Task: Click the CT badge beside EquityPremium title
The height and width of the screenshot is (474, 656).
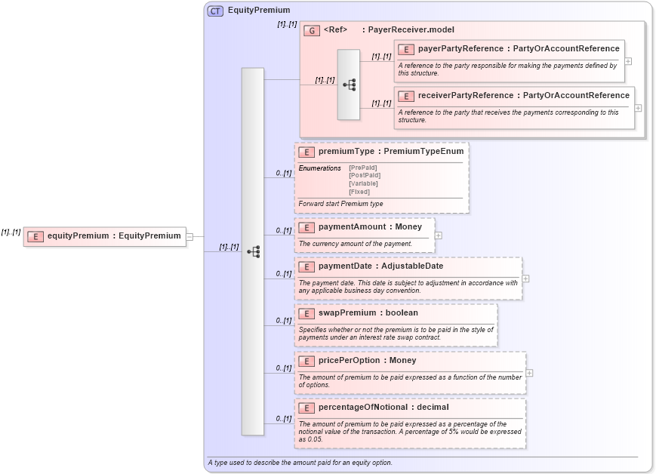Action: pos(215,11)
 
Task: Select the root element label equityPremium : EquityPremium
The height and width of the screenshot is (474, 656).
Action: pos(114,236)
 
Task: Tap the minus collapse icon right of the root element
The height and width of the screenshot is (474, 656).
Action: pos(189,236)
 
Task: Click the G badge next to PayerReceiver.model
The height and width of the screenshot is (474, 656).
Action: pos(312,30)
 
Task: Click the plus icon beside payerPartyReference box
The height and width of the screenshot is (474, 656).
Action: pos(628,61)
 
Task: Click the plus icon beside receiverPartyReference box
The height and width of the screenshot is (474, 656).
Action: pos(638,108)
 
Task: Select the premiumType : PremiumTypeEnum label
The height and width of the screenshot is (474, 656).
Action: pos(391,152)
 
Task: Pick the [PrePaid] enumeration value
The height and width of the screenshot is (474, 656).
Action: pos(364,168)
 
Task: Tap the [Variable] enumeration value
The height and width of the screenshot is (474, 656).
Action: pos(363,183)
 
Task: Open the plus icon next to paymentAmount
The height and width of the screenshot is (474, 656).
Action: pos(438,235)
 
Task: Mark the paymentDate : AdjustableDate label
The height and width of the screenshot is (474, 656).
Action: pos(380,266)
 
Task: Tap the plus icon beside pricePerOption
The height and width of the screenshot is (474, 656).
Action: pos(529,373)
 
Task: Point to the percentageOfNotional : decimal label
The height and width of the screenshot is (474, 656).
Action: pos(383,408)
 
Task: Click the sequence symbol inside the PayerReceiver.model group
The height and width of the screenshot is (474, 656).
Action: pos(349,85)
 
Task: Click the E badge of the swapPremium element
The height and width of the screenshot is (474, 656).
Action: pos(306,313)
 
